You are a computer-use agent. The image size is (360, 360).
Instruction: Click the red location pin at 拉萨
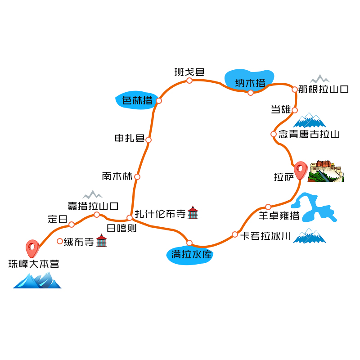(301, 170)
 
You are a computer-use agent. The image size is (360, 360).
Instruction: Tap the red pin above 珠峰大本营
(32, 246)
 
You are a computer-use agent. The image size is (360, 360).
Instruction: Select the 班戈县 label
(189, 72)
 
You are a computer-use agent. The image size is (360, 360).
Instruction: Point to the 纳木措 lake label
(250, 82)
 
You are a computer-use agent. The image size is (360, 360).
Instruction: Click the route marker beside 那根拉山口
(295, 89)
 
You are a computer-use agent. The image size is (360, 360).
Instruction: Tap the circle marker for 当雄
(295, 110)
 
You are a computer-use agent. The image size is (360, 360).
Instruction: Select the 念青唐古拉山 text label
(309, 134)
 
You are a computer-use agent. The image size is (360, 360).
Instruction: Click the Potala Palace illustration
(326, 171)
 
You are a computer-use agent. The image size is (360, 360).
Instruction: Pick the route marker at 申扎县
(148, 139)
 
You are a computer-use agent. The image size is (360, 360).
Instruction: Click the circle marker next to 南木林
(137, 176)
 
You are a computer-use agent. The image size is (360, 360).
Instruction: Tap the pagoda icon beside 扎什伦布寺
(193, 213)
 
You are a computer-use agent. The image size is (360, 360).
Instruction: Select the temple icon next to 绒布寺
(102, 241)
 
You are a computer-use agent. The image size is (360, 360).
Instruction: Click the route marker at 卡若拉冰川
(234, 234)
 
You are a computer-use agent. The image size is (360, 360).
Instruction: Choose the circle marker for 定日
(72, 224)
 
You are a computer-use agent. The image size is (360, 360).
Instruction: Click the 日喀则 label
(121, 229)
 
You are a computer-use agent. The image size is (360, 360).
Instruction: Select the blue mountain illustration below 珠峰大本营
(37, 280)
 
